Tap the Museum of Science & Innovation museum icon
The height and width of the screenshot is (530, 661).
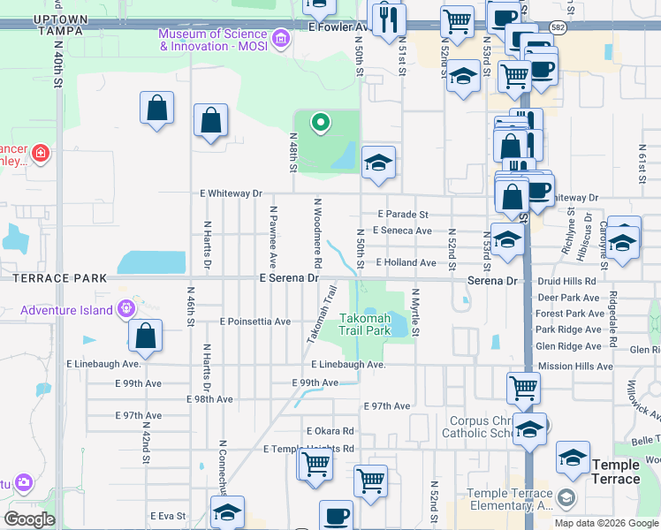[x=281, y=38]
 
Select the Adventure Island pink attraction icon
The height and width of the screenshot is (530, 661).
[x=126, y=308]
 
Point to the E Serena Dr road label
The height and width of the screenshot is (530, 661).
[x=288, y=277]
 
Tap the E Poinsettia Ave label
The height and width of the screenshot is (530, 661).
[x=255, y=322]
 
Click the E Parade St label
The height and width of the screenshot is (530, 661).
[x=403, y=214]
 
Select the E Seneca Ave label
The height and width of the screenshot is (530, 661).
[x=402, y=231]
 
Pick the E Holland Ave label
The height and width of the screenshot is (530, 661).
[x=406, y=262]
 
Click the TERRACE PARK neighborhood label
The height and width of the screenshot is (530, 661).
[x=53, y=277]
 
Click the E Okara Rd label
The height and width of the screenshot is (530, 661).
[x=330, y=431]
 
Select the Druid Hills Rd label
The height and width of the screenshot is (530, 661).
[x=566, y=280]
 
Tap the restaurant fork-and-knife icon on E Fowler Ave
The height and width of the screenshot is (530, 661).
[x=388, y=19]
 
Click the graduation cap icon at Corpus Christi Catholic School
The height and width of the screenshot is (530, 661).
[x=529, y=430]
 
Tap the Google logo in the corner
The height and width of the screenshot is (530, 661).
[x=29, y=519]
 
